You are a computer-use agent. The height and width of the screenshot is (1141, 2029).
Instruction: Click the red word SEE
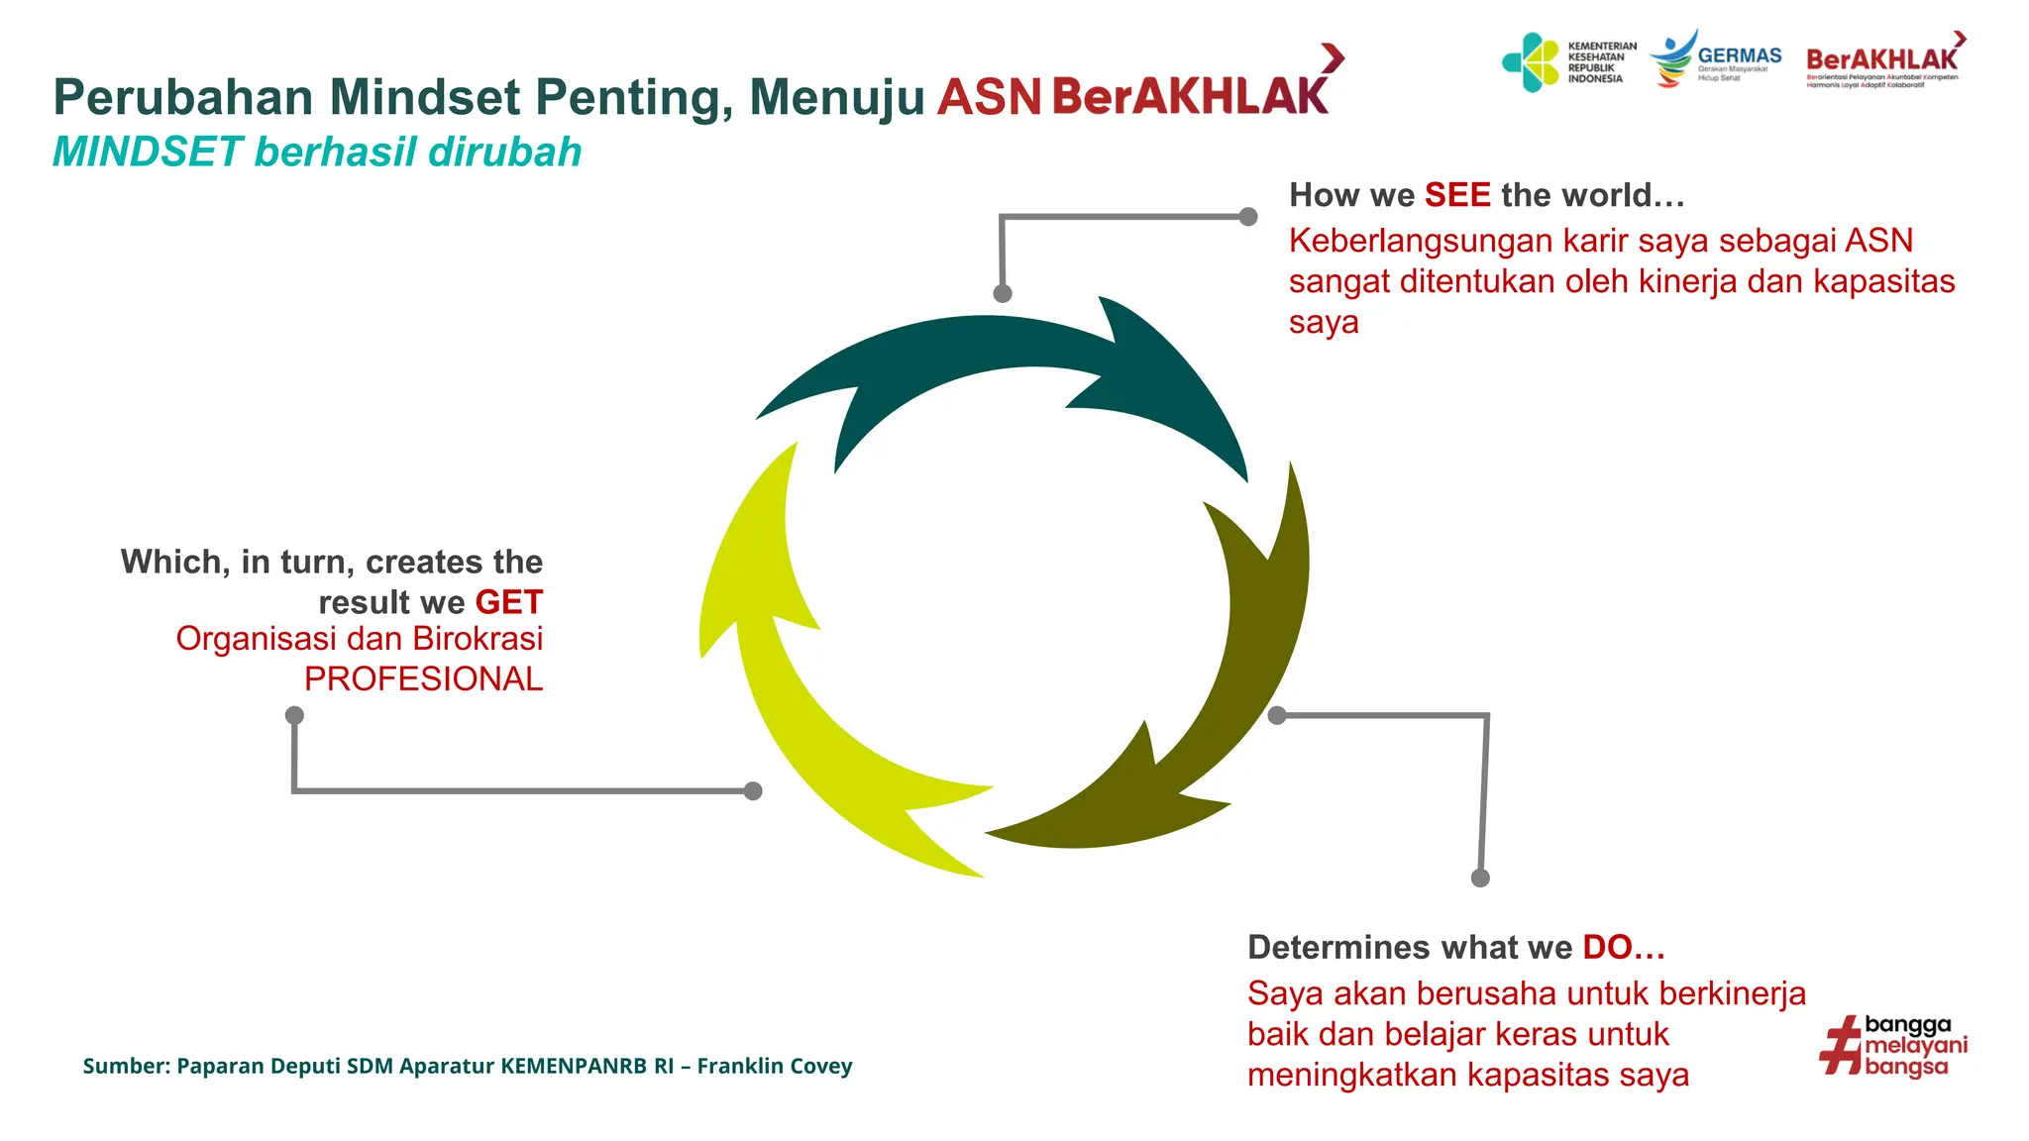click(x=1456, y=195)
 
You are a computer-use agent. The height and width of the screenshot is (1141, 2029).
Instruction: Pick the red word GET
click(x=508, y=602)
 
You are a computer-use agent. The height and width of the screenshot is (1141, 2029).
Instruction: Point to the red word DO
click(x=1607, y=947)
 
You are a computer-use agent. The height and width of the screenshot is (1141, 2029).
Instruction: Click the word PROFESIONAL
click(x=423, y=679)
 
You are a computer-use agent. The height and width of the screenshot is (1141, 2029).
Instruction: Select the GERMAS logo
click(x=1716, y=59)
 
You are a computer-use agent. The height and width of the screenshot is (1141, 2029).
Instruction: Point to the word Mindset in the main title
click(x=424, y=98)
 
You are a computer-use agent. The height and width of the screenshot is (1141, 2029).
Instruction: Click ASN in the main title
click(x=988, y=98)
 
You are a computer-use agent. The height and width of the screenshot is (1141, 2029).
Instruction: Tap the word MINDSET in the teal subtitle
click(x=148, y=153)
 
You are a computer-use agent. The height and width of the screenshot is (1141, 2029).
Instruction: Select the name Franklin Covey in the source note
click(x=774, y=1066)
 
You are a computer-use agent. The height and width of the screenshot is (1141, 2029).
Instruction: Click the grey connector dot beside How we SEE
click(x=1248, y=216)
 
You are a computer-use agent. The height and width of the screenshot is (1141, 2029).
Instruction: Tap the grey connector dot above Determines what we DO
click(x=1480, y=878)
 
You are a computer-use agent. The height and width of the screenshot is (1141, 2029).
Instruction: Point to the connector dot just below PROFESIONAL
click(x=294, y=715)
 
